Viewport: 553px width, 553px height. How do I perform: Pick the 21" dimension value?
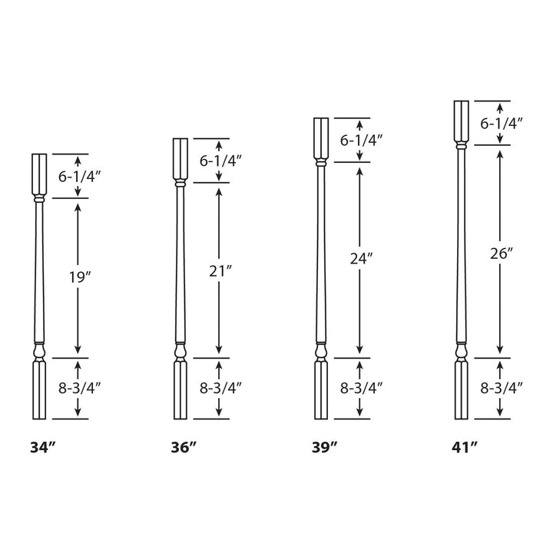(220, 270)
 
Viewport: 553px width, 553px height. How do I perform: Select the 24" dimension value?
(359, 259)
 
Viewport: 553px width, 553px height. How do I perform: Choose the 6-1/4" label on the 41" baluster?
(502, 122)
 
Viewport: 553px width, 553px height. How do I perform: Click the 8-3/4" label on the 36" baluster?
(221, 388)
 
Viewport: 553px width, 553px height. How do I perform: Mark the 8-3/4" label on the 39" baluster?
(360, 388)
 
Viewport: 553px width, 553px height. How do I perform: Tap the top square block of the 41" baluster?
(460, 121)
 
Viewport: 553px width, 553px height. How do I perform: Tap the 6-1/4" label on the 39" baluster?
(360, 140)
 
